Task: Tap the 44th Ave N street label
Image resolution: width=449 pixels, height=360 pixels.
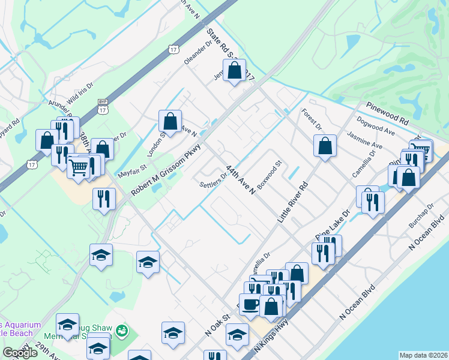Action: [241, 175]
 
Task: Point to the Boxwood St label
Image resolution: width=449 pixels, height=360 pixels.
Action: [270, 175]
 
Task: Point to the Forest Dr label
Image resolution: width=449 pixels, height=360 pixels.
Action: [312, 119]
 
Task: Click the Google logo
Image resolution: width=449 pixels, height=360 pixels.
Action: [20, 353]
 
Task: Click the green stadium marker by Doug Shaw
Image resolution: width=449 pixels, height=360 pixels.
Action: [122, 330]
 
